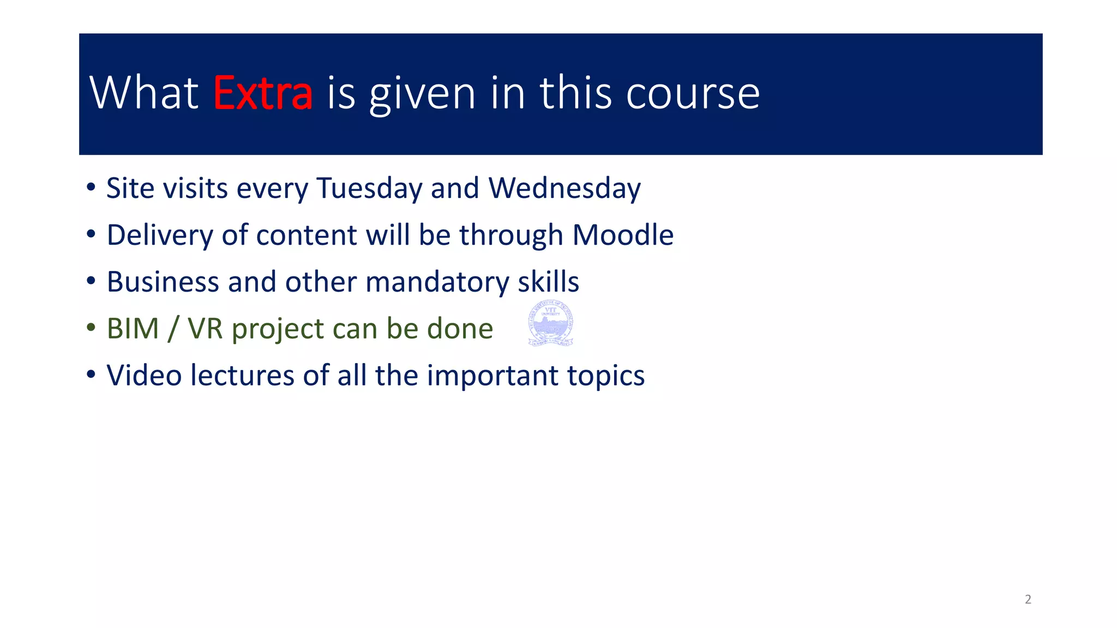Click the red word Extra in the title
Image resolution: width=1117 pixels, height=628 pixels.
coord(262,93)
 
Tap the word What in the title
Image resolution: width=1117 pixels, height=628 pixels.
coord(144,93)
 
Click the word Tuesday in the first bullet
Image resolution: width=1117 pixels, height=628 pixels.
coord(369,189)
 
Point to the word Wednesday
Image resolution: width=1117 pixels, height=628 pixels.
coord(564,189)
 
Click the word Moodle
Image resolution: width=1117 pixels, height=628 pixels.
coord(623,235)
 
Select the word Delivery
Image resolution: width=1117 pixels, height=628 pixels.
coord(159,235)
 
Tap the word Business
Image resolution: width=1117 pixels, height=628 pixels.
coord(163,282)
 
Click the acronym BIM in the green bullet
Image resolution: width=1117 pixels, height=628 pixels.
coord(133,329)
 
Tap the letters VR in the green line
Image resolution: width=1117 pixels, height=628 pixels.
coord(205,329)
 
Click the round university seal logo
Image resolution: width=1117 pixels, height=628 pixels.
coord(551,323)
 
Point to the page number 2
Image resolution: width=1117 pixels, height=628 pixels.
coord(1028,599)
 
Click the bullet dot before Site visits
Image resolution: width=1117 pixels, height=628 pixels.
coord(91,188)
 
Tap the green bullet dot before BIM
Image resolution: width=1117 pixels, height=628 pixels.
coord(91,328)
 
